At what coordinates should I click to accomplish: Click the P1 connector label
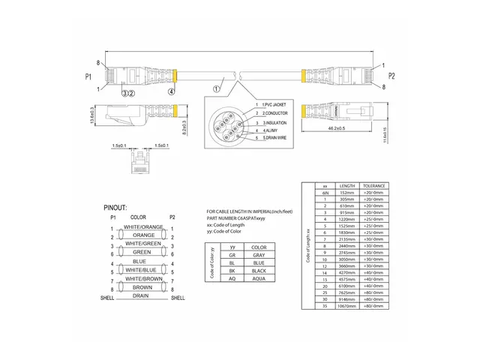(88, 76)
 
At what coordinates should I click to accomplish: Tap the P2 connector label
(391, 76)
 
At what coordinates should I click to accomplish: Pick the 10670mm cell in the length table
(348, 306)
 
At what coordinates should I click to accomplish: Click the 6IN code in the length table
(325, 191)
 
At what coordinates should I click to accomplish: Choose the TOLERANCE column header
(373, 184)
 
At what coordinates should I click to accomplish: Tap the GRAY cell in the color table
(259, 255)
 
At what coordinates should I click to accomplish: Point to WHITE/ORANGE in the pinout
(144, 226)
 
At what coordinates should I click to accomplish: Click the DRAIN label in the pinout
(140, 295)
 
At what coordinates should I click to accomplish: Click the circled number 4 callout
(171, 92)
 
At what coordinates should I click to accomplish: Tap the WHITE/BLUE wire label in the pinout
(143, 269)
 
